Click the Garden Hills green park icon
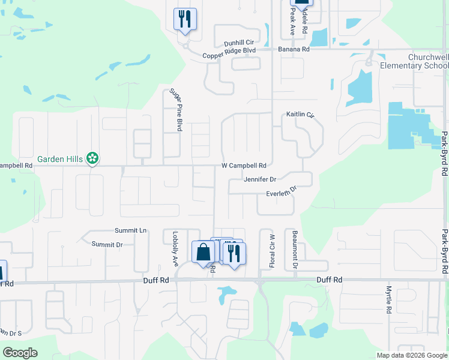(92, 158)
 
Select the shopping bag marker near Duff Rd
(203, 253)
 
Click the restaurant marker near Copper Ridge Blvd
(185, 19)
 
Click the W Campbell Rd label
(244, 165)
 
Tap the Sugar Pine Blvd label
(175, 109)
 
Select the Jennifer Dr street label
(260, 179)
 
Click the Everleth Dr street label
(282, 192)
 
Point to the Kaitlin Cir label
(300, 114)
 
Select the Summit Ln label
(131, 230)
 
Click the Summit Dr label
(107, 244)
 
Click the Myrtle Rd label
(388, 300)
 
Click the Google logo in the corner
(20, 352)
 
